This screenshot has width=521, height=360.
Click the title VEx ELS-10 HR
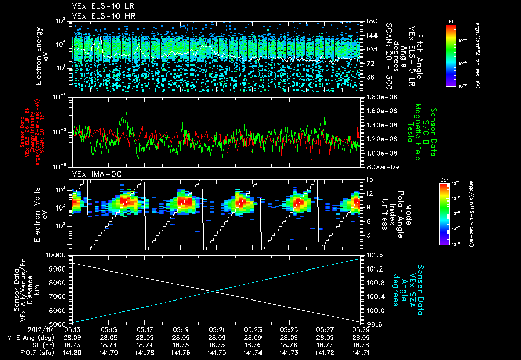click(96, 16)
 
